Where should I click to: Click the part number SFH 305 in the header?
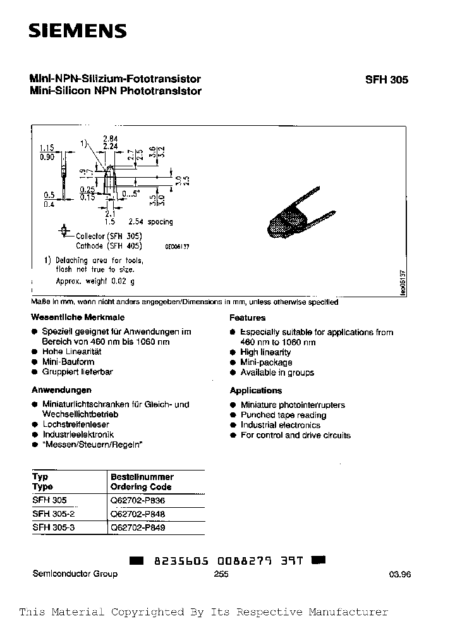387,80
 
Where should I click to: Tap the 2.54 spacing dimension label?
150,222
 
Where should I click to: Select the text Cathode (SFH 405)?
109,245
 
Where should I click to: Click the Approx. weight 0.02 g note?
95,280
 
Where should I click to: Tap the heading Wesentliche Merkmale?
78,317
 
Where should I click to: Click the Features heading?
247,317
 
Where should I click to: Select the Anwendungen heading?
61,390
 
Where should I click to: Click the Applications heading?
255,390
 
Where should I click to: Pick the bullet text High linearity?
265,352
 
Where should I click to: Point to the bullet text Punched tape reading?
283,415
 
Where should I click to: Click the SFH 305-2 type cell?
53,514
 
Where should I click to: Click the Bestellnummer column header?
142,476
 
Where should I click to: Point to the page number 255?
221,574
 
